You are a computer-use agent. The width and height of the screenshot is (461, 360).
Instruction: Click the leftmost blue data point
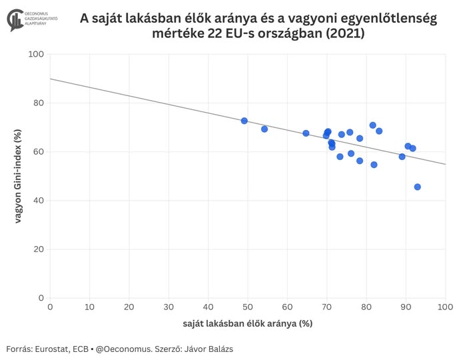pyautogui.click(x=244, y=121)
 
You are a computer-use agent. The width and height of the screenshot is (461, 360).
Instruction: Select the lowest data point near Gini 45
pyautogui.click(x=418, y=187)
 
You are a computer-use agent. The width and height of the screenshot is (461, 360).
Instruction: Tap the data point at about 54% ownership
pyautogui.click(x=264, y=129)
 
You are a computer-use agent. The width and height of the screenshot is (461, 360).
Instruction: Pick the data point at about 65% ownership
pyautogui.click(x=306, y=133)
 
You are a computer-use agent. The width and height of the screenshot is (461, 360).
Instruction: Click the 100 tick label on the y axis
pyautogui.click(x=36, y=54)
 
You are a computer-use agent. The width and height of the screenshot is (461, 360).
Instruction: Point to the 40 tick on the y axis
pyautogui.click(x=39, y=201)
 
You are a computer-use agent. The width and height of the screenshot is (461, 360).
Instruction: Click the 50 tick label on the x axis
pyautogui.click(x=248, y=307)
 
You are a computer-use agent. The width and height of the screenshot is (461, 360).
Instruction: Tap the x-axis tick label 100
pyautogui.click(x=445, y=307)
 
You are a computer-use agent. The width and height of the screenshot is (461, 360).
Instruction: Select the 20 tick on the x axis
pyautogui.click(x=129, y=307)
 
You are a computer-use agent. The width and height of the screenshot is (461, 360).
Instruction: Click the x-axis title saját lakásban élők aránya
pyautogui.click(x=247, y=323)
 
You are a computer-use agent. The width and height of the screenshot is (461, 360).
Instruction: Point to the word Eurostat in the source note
pyautogui.click(x=57, y=349)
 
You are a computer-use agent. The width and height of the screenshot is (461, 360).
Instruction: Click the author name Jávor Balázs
pyautogui.click(x=209, y=349)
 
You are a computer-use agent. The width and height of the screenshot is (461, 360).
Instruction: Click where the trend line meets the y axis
pyautogui.click(x=51, y=79)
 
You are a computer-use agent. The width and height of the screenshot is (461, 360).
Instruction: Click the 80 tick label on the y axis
pyautogui.click(x=39, y=103)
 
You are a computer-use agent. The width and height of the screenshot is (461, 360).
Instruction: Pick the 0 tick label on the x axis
pyautogui.click(x=51, y=307)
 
